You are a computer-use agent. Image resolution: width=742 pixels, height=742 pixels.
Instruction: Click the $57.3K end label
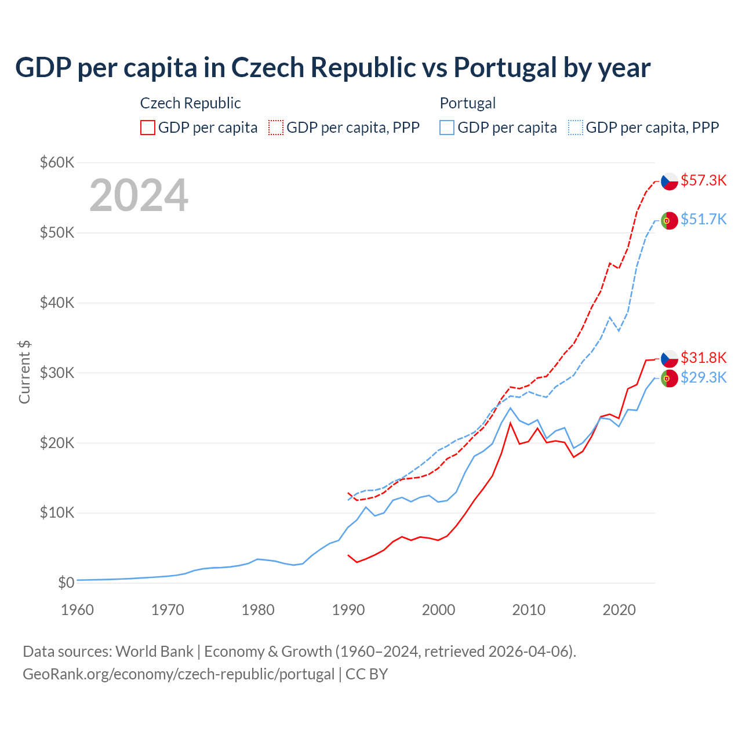(x=703, y=180)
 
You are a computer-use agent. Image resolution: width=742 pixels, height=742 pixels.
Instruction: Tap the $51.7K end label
(x=703, y=219)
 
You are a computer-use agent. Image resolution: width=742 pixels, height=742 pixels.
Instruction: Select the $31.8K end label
(x=703, y=357)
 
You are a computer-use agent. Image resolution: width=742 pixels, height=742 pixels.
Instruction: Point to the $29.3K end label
(x=703, y=377)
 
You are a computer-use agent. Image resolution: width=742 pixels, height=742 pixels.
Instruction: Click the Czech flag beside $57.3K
(x=670, y=181)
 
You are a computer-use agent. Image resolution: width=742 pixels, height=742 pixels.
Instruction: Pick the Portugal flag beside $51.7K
(x=670, y=220)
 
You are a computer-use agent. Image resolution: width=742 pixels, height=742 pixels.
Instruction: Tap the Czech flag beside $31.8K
(x=670, y=358)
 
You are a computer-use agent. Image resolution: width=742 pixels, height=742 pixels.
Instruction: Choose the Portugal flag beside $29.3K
(x=670, y=379)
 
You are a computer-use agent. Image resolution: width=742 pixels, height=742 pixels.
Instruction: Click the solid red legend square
(x=148, y=128)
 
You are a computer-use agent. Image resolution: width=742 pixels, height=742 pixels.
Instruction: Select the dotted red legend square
(x=276, y=128)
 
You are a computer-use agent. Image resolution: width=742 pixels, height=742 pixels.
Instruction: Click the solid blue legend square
(x=447, y=128)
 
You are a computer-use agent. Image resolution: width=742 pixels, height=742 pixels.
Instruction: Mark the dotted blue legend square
(x=576, y=128)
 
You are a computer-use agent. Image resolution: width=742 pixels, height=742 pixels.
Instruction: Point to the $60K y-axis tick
(x=57, y=162)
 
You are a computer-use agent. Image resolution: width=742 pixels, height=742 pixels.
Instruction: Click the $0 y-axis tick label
(x=66, y=583)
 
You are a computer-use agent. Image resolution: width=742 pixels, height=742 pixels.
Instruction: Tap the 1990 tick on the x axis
(x=348, y=610)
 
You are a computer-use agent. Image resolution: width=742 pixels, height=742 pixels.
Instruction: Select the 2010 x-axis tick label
(x=529, y=610)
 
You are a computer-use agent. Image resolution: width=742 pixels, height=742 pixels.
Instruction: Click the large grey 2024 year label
(x=139, y=195)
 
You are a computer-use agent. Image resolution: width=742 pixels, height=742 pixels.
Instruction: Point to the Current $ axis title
(x=24, y=372)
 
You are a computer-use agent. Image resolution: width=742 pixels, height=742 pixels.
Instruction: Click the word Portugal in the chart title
(x=505, y=67)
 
